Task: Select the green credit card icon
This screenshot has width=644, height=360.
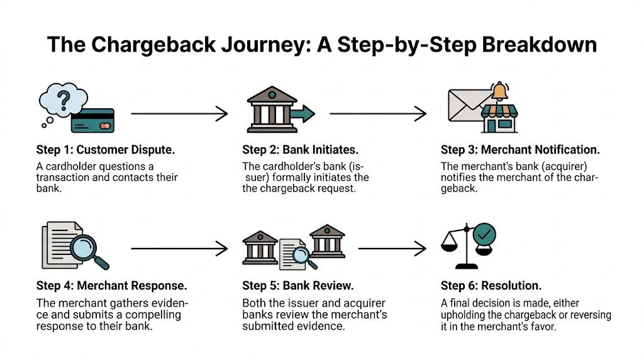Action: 92,120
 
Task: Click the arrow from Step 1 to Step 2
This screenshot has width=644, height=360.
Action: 179,114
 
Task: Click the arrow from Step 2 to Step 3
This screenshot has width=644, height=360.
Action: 378,114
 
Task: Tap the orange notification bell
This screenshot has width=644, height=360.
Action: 501,92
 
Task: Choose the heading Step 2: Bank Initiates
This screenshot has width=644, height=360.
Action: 299,150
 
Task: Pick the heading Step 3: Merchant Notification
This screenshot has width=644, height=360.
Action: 520,150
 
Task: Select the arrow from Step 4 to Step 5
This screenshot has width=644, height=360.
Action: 179,249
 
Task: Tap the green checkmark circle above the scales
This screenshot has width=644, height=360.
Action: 484,235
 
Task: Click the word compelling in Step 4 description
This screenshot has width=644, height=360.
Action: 149,314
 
